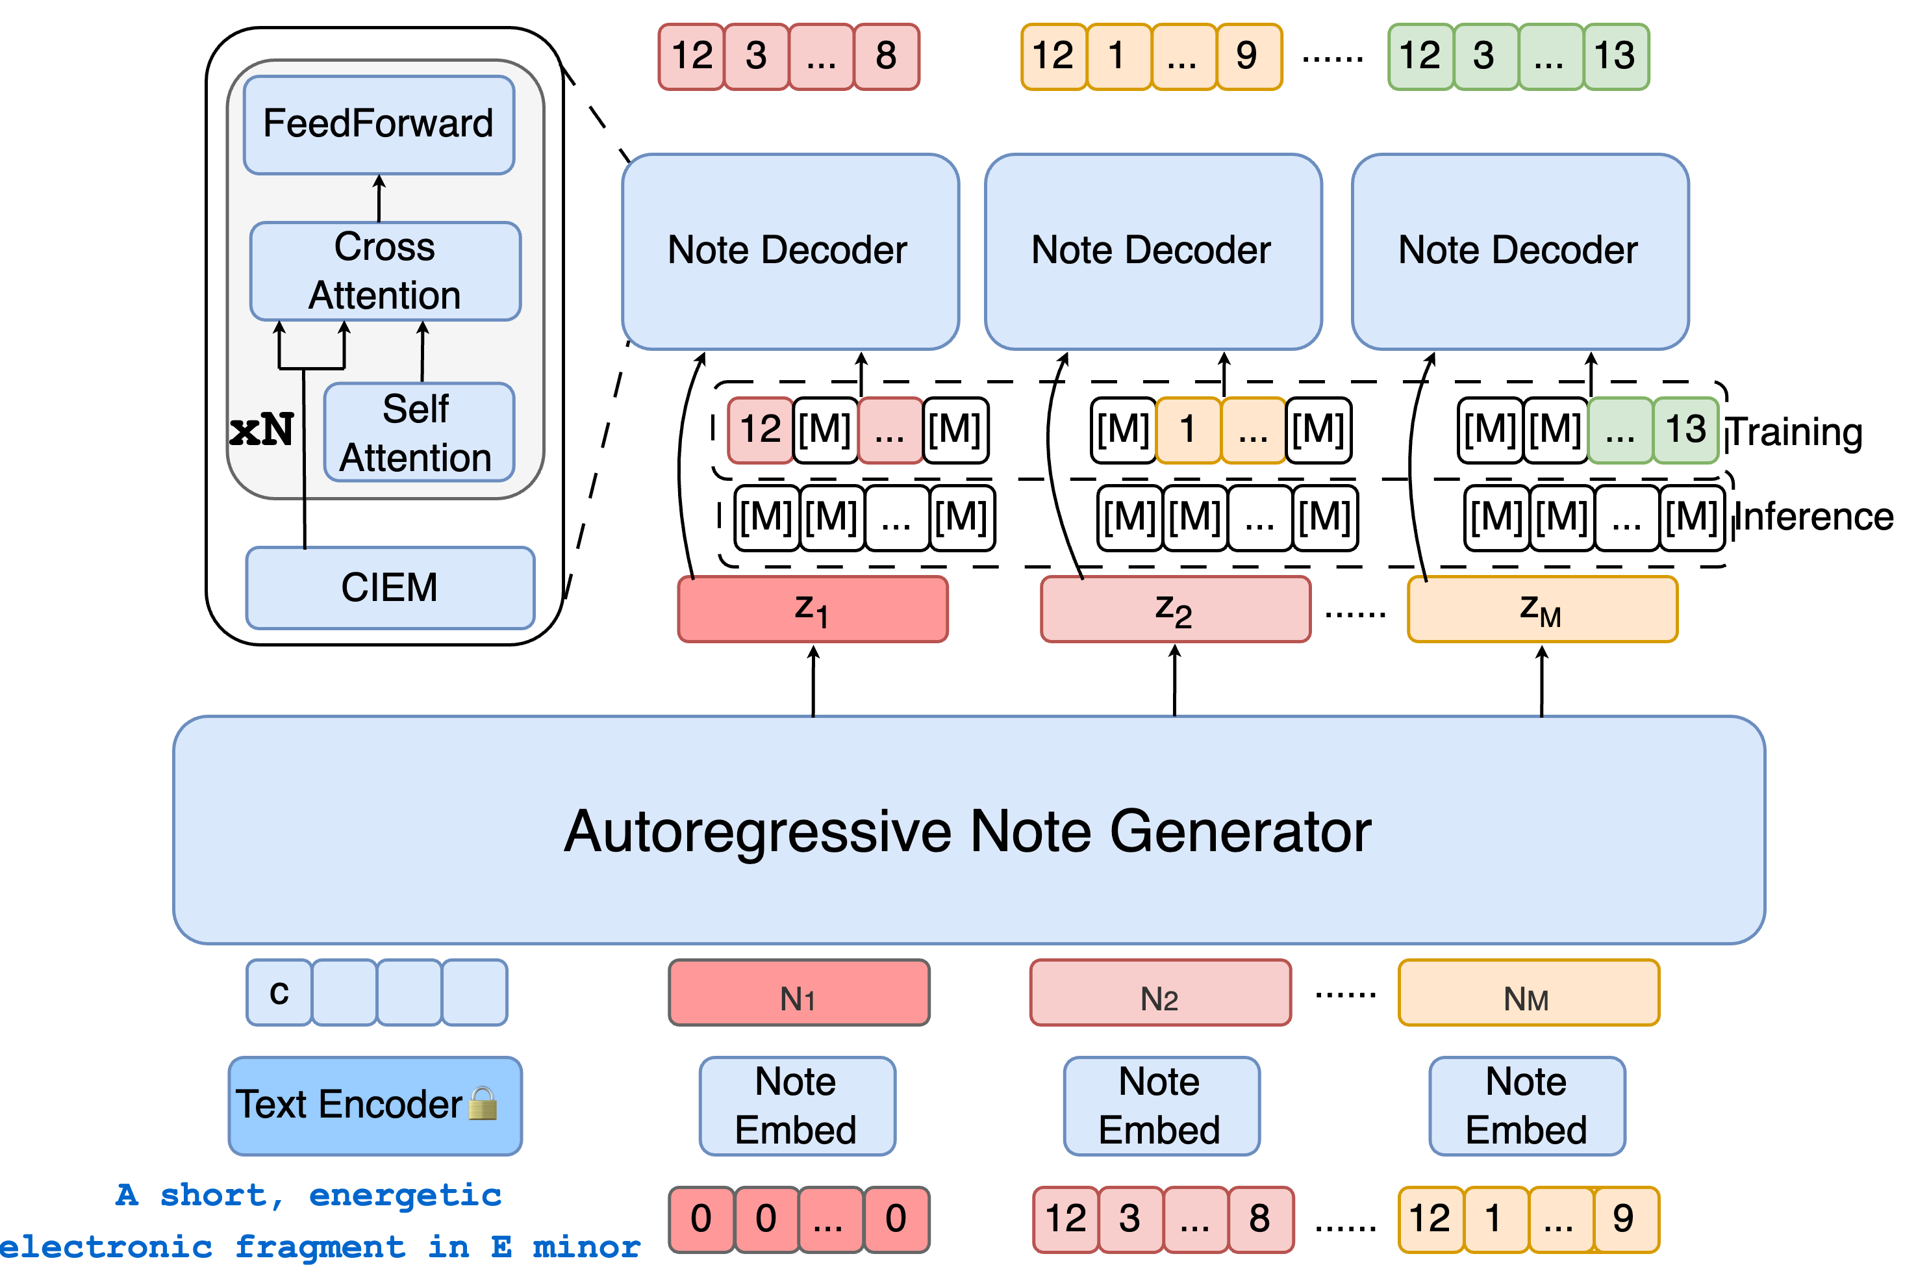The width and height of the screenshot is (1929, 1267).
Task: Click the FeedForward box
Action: tap(379, 125)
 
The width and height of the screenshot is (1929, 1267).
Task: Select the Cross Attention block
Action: tap(385, 271)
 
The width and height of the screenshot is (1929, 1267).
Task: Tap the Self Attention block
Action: tap(418, 432)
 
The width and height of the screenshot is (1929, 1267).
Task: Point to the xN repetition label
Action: tap(261, 429)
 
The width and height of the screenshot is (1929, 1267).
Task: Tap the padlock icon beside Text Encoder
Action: tap(483, 1103)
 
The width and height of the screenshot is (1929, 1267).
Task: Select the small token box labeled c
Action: tap(279, 992)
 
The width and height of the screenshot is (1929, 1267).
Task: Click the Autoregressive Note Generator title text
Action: tap(967, 831)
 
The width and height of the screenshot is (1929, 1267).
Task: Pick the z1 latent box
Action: tap(812, 609)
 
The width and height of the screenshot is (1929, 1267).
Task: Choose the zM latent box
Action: tap(1542, 609)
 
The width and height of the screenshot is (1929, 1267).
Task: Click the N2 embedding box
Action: tap(1160, 992)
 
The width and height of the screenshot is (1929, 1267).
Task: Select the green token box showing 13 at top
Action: tap(1615, 56)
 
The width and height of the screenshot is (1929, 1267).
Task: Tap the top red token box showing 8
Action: tap(886, 56)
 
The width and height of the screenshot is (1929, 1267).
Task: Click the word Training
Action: tap(1795, 431)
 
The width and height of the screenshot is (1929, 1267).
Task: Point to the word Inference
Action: tap(1814, 517)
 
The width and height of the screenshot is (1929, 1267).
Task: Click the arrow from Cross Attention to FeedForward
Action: tap(379, 199)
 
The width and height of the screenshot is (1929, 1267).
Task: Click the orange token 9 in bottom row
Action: tap(1624, 1218)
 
